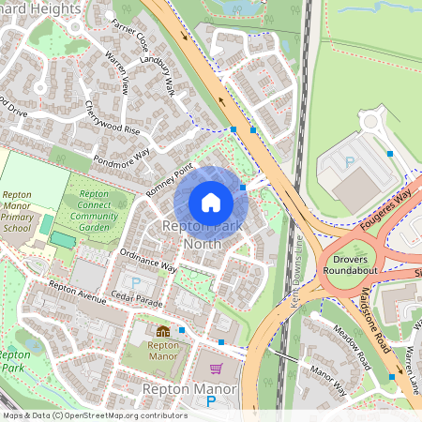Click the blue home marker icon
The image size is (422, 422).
point(211,203)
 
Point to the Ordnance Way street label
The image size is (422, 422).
point(148,261)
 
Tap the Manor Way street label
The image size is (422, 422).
point(328,381)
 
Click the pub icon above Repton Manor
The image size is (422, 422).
point(163,331)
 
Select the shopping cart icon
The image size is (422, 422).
point(217,369)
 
